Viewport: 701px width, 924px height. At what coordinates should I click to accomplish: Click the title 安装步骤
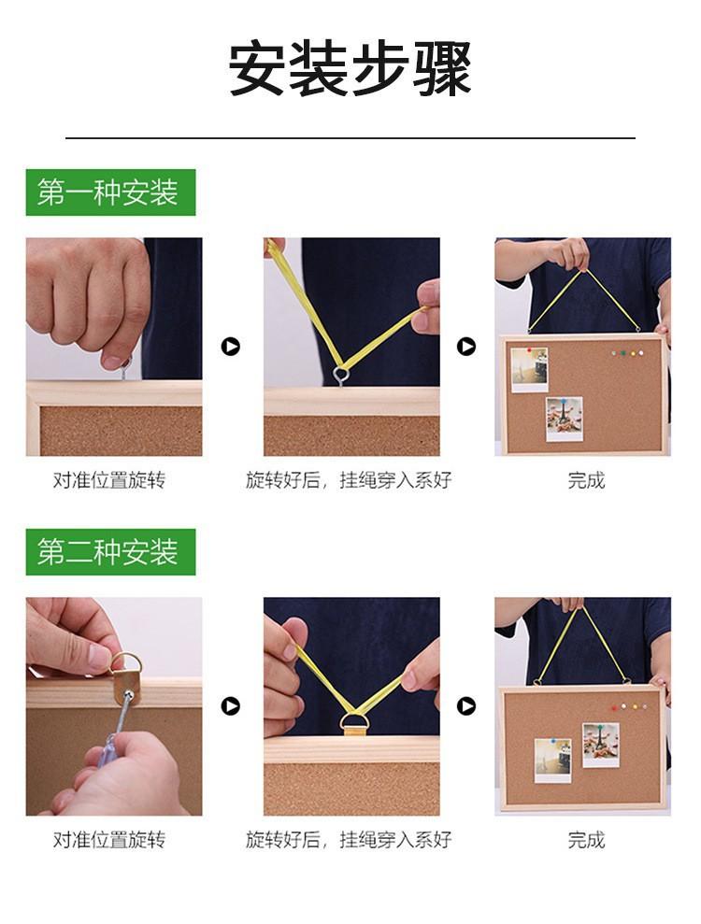pos(350,68)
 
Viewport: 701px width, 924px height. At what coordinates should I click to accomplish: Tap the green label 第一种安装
pos(110,192)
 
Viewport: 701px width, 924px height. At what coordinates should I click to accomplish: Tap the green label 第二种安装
pos(110,552)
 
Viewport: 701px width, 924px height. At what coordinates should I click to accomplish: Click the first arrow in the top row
pos(231,347)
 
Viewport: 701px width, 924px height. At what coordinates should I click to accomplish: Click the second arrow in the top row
pos(466,347)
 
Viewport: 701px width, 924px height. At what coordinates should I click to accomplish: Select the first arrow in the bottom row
pos(231,706)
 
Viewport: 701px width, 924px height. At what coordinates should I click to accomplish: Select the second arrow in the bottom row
pos(466,706)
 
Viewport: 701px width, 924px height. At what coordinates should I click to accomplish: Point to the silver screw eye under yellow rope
pos(341,376)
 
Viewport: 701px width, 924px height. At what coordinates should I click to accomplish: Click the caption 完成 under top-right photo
pos(586,480)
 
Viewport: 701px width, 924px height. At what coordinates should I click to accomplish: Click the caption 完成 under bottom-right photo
pos(586,840)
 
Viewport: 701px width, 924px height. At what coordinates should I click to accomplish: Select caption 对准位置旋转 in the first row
pos(109,480)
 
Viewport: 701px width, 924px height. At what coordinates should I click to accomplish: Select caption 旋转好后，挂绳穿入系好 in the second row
pos(349,840)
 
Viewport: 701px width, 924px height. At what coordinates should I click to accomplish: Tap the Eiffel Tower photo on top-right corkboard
pos(565,419)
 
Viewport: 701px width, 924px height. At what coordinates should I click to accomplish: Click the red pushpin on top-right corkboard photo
pos(529,350)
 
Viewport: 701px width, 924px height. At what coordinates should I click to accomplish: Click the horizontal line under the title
pos(350,138)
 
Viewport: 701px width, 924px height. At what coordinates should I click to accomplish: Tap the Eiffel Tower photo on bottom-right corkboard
pos(601,745)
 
